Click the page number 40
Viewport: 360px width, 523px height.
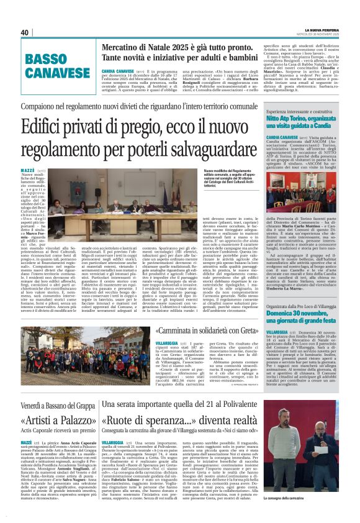click(25, 32)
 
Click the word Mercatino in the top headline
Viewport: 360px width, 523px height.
click(122, 47)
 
